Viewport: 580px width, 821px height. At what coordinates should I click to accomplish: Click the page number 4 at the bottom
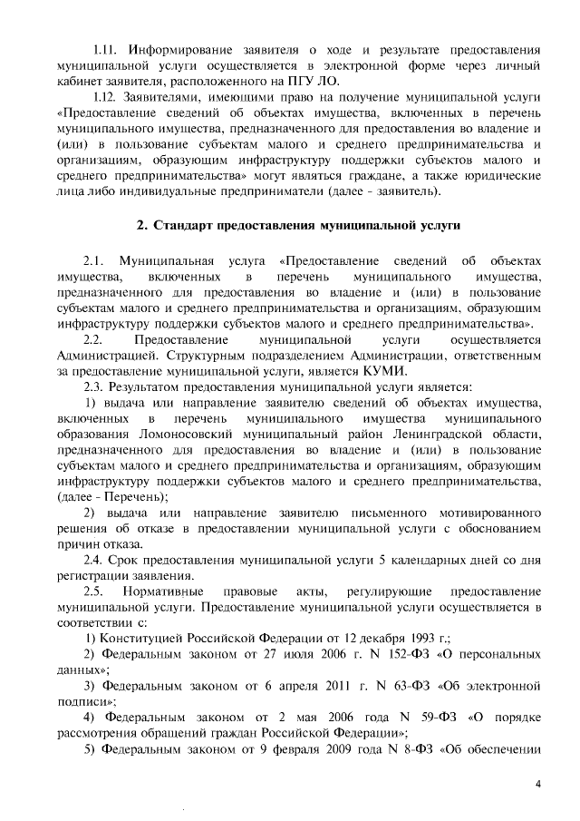537,784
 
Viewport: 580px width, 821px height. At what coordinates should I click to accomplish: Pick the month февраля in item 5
291,765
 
